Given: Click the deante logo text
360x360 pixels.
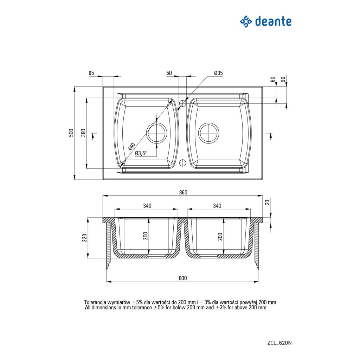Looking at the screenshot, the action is (x=273, y=21).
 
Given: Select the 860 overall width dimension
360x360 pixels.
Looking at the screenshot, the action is (x=183, y=192).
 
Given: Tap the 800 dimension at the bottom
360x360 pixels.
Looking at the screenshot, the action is (x=182, y=278).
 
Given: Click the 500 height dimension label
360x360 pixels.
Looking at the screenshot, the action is (x=71, y=133).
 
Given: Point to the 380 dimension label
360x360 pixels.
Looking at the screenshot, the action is (x=83, y=133).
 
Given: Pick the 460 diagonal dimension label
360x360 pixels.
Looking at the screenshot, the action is (x=132, y=146).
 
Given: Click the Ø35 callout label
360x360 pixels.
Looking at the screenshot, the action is (x=218, y=73).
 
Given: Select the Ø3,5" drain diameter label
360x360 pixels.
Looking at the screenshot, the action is (x=141, y=153).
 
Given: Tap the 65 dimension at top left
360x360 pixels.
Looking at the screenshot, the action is (x=91, y=73).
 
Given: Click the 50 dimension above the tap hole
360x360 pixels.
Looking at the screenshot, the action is (x=169, y=73).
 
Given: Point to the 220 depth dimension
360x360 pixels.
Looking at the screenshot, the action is (x=84, y=238).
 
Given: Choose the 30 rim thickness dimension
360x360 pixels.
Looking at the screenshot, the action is (x=268, y=202).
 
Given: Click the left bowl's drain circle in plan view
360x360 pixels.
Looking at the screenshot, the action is (x=156, y=133).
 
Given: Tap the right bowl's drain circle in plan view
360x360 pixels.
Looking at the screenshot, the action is (x=209, y=133).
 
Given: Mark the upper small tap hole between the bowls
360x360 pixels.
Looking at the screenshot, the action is (x=182, y=103).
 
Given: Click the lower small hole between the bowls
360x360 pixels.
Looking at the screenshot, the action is (x=182, y=163).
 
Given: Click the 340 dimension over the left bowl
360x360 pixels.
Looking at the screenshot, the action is (x=147, y=206).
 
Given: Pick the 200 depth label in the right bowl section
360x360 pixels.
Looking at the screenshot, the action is (x=220, y=236).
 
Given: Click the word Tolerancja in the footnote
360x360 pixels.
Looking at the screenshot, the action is (x=95, y=302).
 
